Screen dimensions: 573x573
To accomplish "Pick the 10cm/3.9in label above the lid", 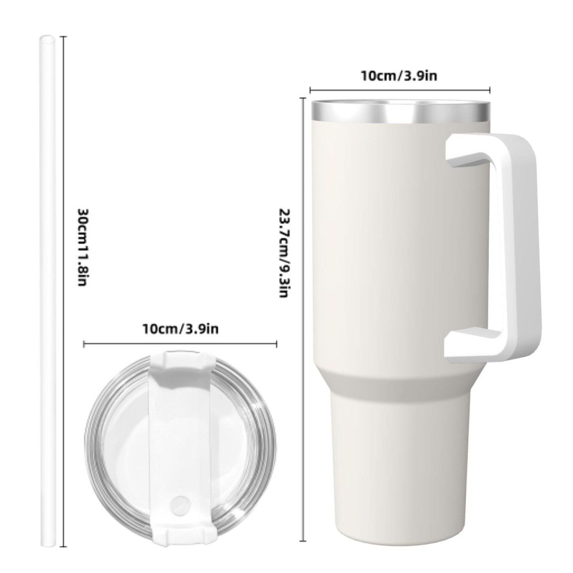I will tap(180, 328).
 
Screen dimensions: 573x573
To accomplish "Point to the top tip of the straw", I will tap(47, 39).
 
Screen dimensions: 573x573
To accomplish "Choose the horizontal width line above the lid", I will tap(180, 344).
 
